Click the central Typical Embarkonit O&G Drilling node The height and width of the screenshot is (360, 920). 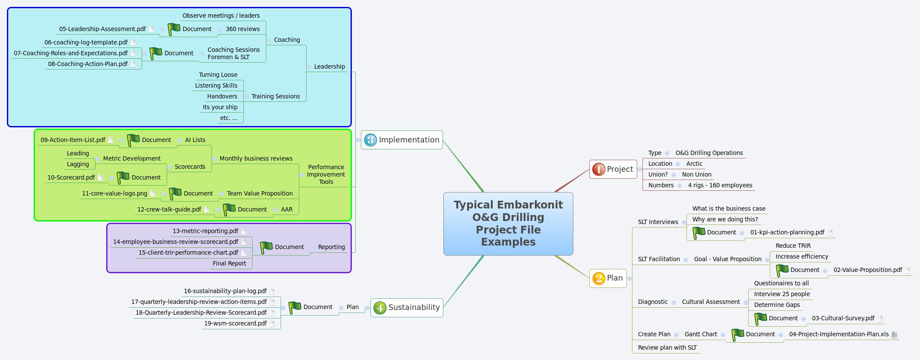pos(508,223)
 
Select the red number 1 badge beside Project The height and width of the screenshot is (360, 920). pos(598,169)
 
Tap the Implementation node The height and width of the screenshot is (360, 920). pos(408,140)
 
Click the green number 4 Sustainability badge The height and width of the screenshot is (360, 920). pos(379,308)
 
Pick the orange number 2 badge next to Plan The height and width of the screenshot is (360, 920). pos(598,278)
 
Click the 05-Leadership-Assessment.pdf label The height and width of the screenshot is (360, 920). pos(102,29)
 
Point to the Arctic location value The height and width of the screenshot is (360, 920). pos(694,164)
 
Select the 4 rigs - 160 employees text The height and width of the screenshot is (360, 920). pos(720,185)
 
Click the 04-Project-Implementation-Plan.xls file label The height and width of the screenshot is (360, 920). pos(838,334)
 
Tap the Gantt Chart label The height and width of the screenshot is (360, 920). pos(700,334)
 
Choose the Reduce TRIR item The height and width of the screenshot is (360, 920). pos(793,246)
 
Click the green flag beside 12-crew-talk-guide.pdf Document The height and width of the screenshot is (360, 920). pos(229,209)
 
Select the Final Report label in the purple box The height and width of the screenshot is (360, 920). pos(229,263)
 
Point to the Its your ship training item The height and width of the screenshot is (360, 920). pos(220,107)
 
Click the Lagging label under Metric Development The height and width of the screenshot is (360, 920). pos(78,164)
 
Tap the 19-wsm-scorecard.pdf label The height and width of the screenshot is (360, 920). pos(235,323)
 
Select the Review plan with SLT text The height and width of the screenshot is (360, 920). pos(667,347)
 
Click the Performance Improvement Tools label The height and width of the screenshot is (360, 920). pos(326,174)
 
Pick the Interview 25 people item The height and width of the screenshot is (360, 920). pos(781,294)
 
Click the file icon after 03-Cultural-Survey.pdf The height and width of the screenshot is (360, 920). pos(881,319)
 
